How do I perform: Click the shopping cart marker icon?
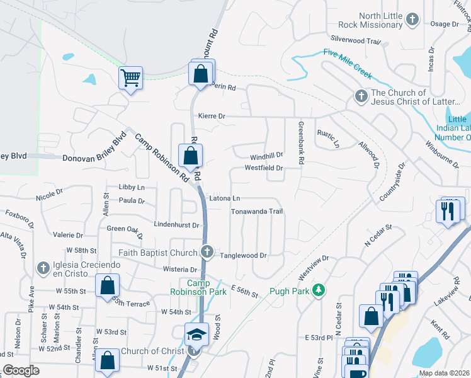[130, 78]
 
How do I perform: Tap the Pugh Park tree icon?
[320, 290]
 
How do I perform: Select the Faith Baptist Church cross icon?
[208, 253]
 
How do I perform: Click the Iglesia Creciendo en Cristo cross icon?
[43, 268]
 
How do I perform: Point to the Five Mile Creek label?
[348, 64]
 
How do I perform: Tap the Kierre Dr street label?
[212, 116]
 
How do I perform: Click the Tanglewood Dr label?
[244, 255]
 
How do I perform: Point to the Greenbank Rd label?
[301, 143]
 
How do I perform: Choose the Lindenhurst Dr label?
[176, 224]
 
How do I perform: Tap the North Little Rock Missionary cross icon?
[412, 20]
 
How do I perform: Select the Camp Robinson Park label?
[198, 287]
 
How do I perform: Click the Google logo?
[21, 370]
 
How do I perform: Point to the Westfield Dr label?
[264, 168]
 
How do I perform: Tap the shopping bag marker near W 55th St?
[107, 285]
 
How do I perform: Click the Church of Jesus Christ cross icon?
[361, 96]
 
